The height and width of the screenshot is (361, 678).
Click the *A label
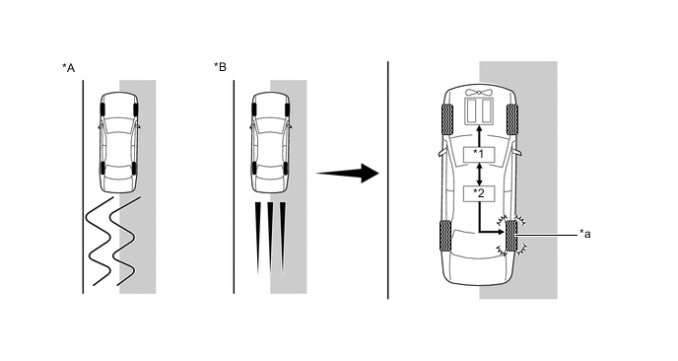click(68, 68)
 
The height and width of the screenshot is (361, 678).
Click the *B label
click(220, 67)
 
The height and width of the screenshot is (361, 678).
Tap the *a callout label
click(585, 234)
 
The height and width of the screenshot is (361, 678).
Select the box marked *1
click(479, 155)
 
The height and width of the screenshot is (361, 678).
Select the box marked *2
click(479, 193)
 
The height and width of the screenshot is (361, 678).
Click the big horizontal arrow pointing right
click(348, 174)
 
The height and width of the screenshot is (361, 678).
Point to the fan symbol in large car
click(479, 93)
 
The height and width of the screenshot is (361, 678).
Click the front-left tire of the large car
click(446, 119)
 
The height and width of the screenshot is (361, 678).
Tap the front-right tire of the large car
click(512, 119)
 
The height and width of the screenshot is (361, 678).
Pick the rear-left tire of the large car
click(446, 236)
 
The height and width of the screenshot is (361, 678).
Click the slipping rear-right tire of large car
click(511, 236)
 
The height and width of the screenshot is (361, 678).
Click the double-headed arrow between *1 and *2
click(479, 174)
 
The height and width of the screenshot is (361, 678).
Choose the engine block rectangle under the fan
click(479, 109)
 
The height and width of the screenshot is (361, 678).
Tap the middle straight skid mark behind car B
click(270, 238)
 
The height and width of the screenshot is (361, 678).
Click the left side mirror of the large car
click(441, 153)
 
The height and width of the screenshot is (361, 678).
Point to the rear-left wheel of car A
click(102, 168)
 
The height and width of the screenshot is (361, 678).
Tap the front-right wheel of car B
click(287, 109)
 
